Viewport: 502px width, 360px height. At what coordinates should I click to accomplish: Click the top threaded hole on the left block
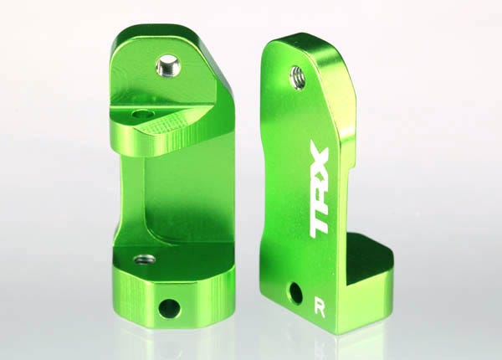click(169, 63)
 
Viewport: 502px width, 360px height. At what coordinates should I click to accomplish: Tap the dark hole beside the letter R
click(295, 293)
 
